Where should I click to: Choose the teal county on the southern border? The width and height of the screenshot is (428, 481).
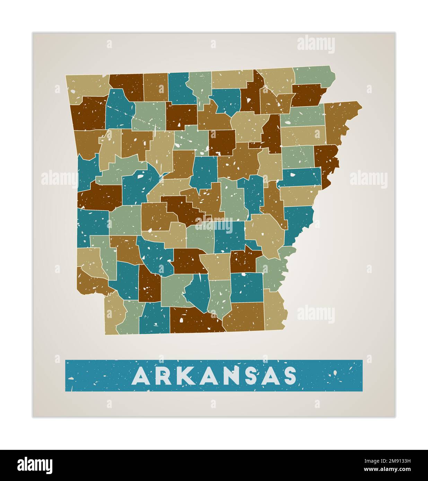pos(154,318)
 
